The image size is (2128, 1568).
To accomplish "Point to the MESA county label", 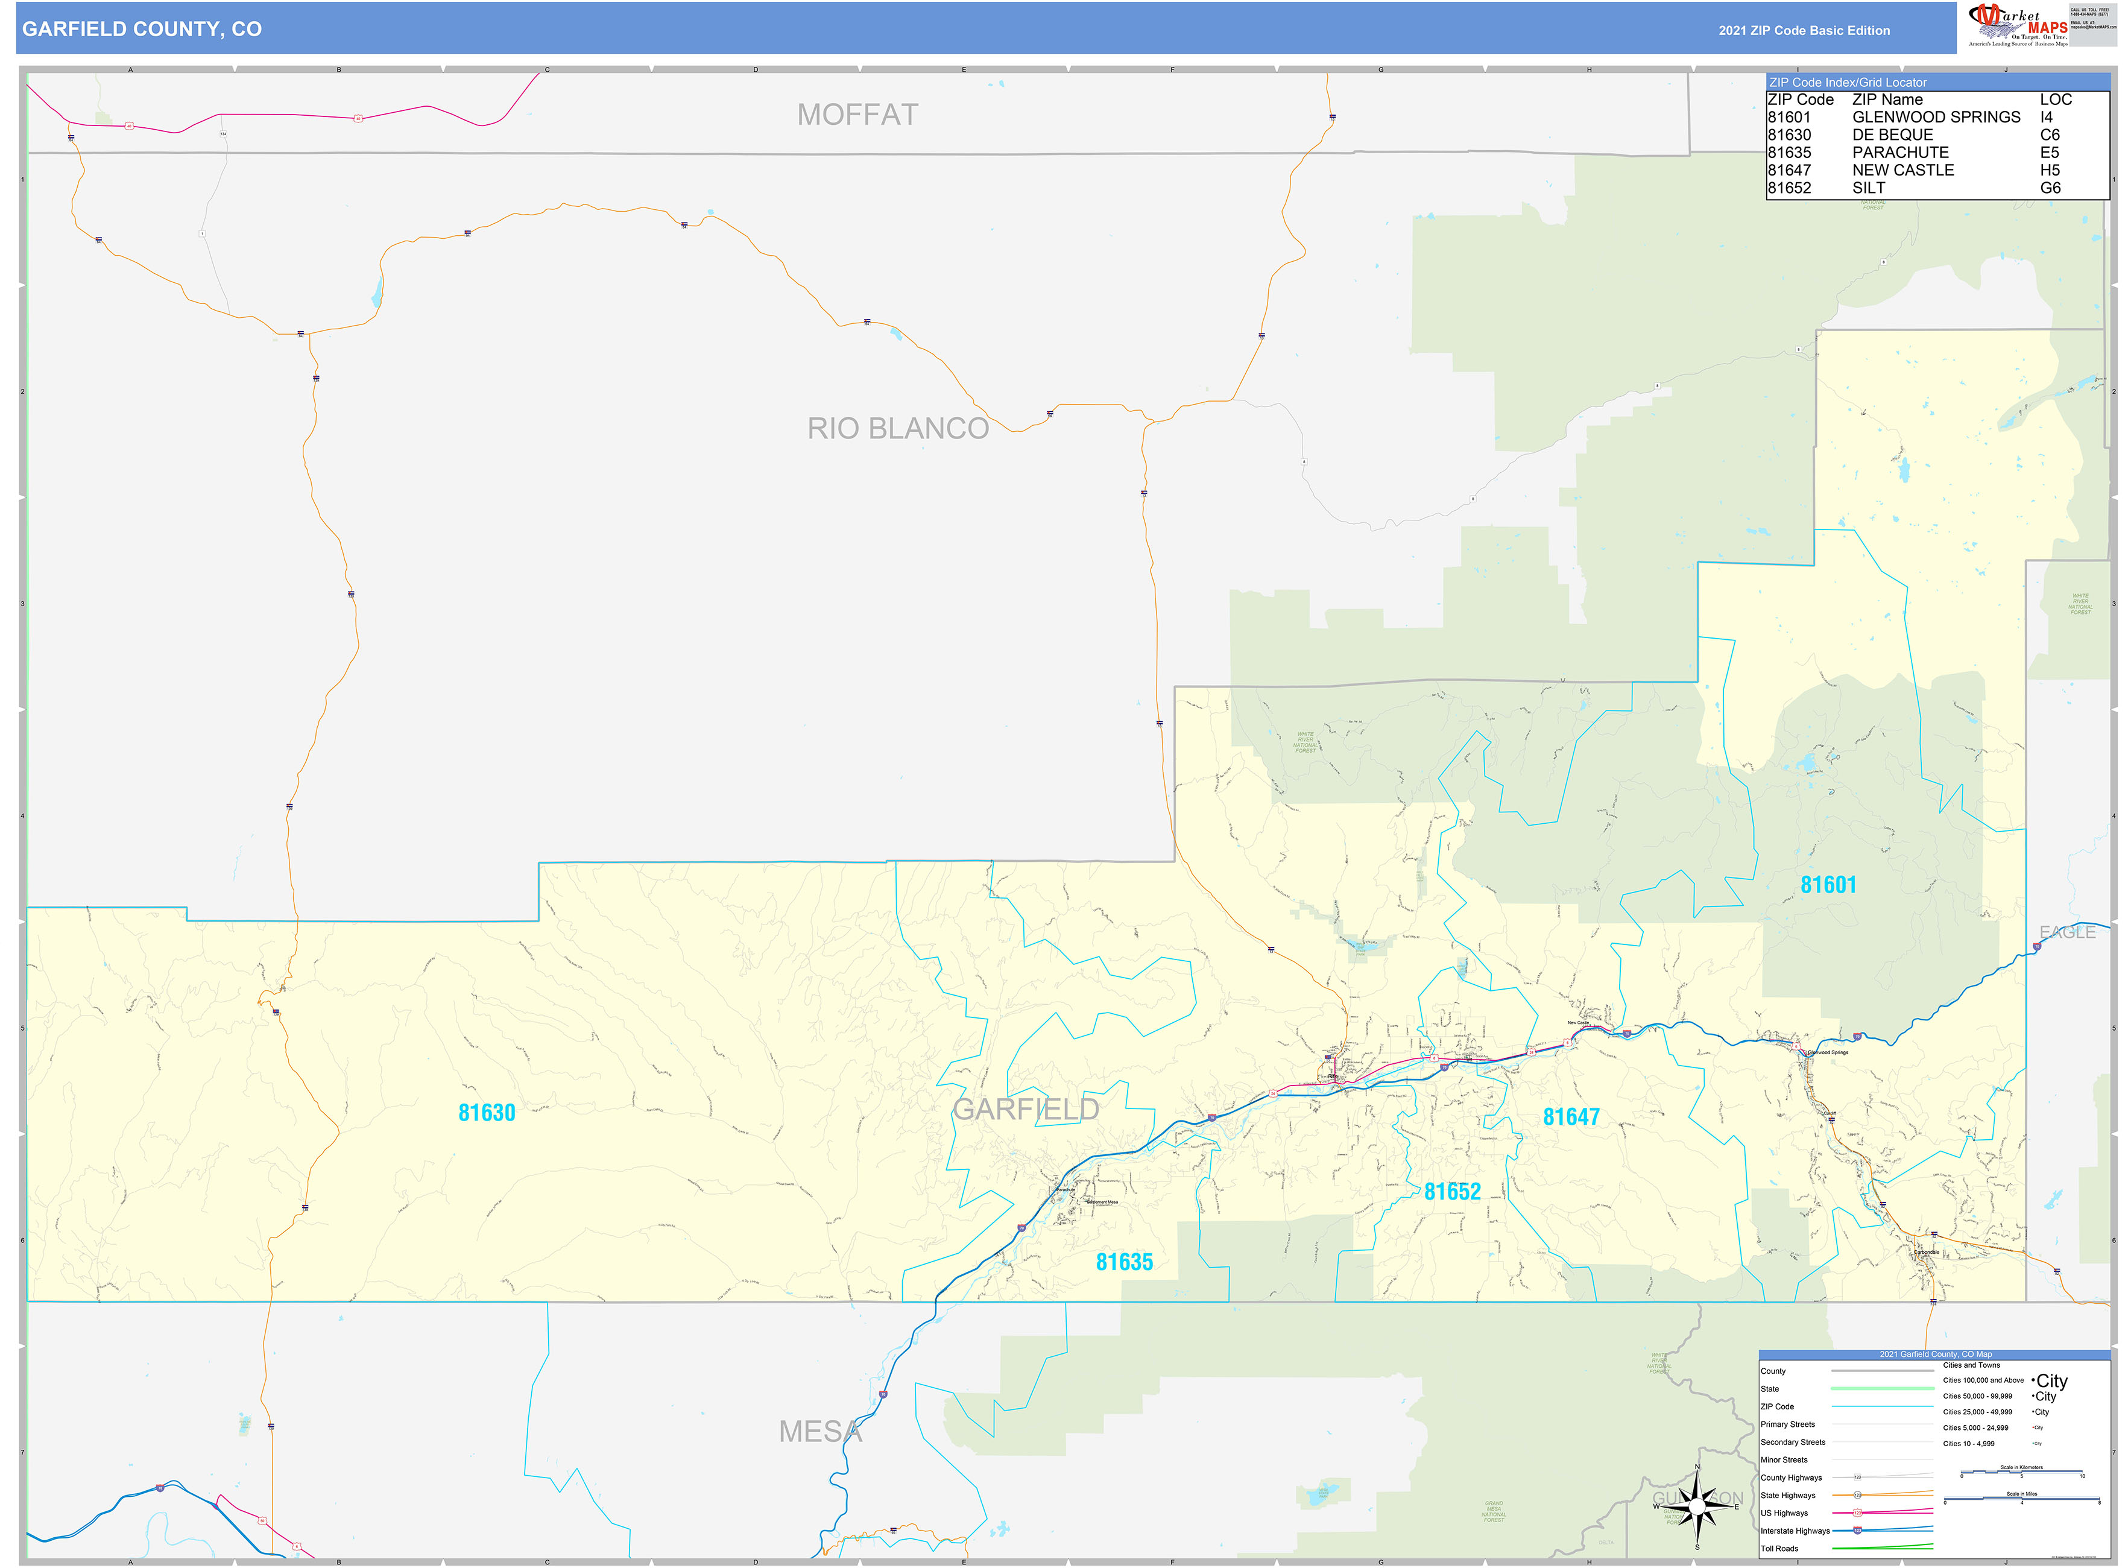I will [x=820, y=1431].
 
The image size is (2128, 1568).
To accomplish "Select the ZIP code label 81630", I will [x=486, y=1113].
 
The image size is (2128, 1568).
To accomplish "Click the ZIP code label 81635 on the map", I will [x=1124, y=1262].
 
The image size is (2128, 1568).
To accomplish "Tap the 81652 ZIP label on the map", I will [x=1451, y=1191].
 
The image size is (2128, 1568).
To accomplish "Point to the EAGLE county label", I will [x=2066, y=932].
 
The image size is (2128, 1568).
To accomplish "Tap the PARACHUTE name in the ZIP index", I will [x=1899, y=153].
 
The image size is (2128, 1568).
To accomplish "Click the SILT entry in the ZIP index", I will [x=1868, y=188].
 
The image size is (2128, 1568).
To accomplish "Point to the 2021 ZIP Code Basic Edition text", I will [x=1804, y=30].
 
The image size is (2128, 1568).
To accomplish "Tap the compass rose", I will [x=1697, y=1505].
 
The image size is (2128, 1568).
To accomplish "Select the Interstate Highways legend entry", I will [x=1794, y=1531].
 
